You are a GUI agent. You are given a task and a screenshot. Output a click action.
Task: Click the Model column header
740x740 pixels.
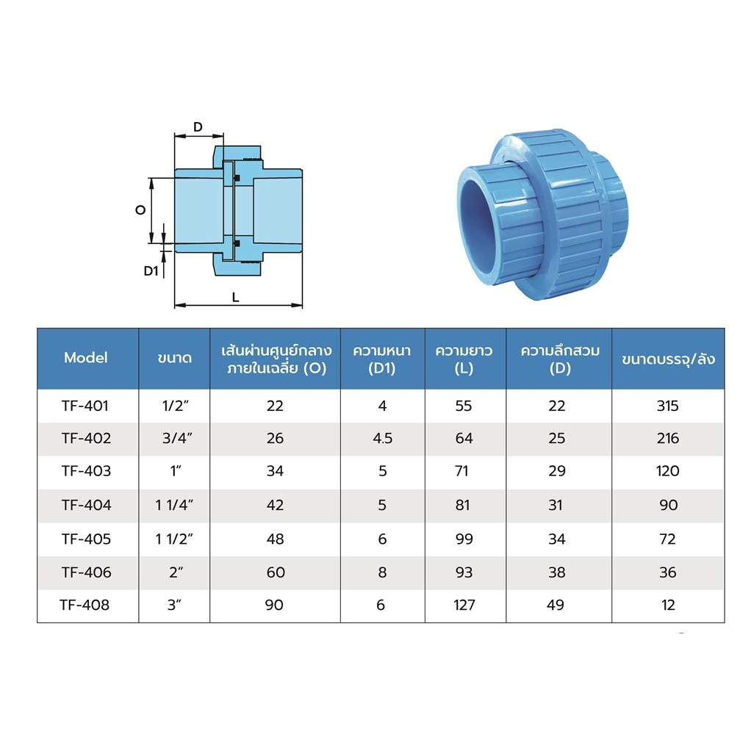(x=86, y=358)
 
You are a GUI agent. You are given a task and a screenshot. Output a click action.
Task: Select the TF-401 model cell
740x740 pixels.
(x=85, y=406)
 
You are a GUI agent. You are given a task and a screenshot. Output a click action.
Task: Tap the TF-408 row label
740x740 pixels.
(x=85, y=605)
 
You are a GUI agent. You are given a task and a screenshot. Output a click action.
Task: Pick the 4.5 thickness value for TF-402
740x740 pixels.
(x=382, y=439)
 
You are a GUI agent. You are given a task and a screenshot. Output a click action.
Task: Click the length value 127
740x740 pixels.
(x=464, y=605)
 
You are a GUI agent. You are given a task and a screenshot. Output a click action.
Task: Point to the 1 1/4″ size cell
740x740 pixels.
(x=174, y=506)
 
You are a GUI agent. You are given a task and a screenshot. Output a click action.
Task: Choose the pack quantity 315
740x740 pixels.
(x=667, y=406)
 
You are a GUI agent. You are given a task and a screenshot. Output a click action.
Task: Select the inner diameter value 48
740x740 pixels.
(x=275, y=539)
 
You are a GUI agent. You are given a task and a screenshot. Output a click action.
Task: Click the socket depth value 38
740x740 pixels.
(x=557, y=572)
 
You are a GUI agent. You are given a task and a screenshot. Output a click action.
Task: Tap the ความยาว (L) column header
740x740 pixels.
(x=464, y=359)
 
